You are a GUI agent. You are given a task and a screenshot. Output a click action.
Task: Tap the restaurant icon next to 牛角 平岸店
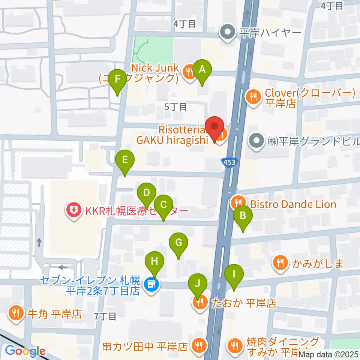(15, 313)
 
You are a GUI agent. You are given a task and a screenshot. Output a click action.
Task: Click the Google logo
(25, 351)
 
